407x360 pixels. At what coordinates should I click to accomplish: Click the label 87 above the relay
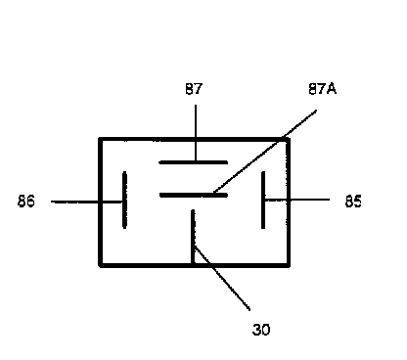tap(194, 89)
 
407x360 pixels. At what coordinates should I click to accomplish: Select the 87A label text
tap(322, 89)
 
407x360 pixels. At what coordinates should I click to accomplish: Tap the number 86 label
tap(26, 201)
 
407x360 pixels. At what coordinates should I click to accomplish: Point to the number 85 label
tap(353, 202)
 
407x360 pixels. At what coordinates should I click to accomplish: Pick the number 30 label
tap(261, 330)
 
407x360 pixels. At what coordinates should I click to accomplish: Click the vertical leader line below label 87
tap(196, 133)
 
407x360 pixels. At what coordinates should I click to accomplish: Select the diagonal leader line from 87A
tap(265, 152)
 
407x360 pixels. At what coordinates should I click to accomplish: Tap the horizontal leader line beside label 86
tap(87, 202)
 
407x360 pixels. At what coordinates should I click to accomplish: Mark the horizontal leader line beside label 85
tap(296, 200)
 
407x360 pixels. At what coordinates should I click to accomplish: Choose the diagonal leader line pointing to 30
tap(222, 278)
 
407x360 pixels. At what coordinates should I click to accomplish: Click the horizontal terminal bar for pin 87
tap(194, 162)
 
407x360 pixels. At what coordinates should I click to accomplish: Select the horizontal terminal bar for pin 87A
tap(194, 195)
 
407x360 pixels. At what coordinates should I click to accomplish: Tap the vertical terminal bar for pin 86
tap(124, 200)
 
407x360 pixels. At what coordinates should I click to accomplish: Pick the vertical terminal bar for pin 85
tap(263, 200)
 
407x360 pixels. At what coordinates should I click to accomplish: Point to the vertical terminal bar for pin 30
tap(193, 237)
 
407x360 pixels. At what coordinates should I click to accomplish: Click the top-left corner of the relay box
tap(101, 140)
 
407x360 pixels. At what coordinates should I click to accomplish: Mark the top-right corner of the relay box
tap(289, 140)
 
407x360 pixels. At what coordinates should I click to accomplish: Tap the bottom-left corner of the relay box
tap(101, 265)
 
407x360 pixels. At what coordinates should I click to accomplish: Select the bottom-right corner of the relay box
tap(289, 265)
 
